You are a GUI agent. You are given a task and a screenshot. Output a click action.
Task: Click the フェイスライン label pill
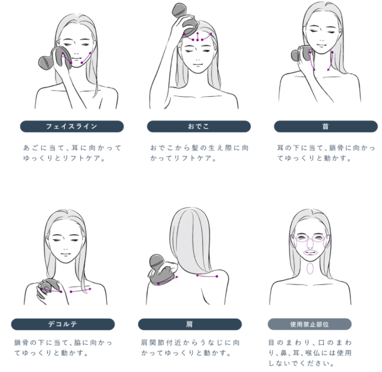tap(72, 126)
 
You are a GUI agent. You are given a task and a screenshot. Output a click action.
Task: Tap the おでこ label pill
tap(199, 126)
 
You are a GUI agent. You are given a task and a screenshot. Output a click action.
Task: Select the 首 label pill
tap(326, 126)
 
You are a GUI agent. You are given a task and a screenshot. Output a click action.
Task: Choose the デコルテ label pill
tap(63, 324)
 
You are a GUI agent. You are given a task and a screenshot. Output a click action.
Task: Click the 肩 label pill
tap(190, 324)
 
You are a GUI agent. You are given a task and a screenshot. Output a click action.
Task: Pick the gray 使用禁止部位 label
tap(309, 324)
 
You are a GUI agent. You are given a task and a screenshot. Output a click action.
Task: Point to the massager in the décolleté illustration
tap(49, 287)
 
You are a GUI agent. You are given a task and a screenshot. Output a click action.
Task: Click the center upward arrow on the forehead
tap(198, 36)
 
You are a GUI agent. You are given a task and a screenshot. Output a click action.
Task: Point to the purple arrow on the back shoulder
tap(207, 276)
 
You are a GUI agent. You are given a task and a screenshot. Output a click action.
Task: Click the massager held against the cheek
tap(55, 60)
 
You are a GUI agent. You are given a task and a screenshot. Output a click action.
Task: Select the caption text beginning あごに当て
tap(72, 153)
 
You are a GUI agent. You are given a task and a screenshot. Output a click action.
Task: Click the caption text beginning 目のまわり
tap(310, 353)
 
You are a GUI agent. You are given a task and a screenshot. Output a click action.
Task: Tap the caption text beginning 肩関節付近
tap(190, 348)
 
